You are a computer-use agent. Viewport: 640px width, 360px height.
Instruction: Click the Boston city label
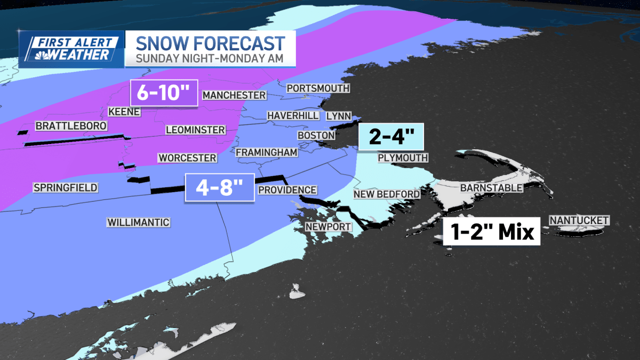[316, 135]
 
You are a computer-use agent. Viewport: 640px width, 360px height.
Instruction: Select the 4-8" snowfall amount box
[219, 188]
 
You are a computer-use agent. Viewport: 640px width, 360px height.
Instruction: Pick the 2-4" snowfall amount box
[391, 138]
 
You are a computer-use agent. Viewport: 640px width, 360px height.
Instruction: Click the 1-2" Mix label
[491, 232]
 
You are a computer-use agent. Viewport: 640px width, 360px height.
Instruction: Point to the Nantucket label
[579, 220]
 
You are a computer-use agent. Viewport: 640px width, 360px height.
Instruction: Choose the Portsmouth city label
[318, 88]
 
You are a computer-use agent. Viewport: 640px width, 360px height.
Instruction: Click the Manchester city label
[234, 95]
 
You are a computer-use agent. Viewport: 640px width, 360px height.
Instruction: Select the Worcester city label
[187, 158]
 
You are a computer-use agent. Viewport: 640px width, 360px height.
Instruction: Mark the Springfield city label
[65, 187]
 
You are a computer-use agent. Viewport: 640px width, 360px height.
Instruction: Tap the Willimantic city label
[138, 222]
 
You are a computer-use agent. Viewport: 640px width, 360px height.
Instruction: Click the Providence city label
[287, 190]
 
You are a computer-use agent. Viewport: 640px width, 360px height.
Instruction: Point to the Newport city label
[328, 227]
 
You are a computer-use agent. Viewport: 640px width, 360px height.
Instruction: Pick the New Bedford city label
[387, 194]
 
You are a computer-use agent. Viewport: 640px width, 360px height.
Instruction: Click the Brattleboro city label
[71, 126]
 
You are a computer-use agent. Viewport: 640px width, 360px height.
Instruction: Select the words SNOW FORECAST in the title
[209, 43]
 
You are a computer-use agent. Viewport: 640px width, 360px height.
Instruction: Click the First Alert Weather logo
[71, 49]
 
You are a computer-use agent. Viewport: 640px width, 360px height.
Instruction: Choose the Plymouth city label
[403, 158]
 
